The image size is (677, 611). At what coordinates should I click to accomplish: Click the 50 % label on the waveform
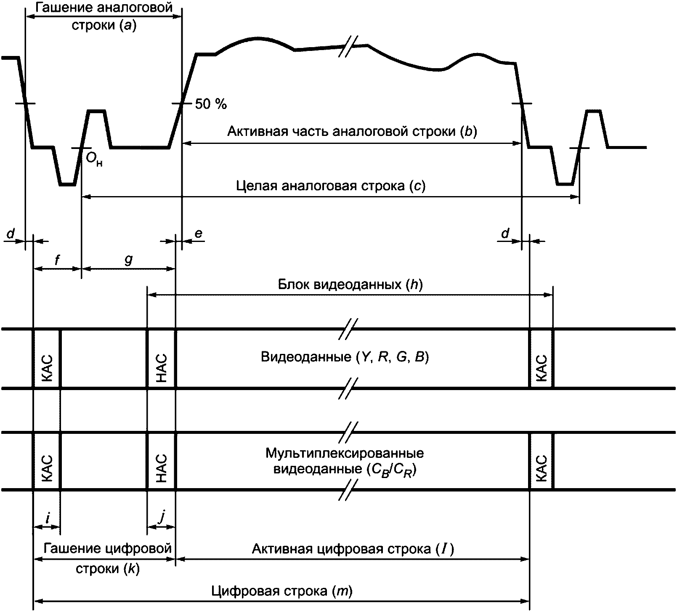211,104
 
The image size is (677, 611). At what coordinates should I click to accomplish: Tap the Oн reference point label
94,159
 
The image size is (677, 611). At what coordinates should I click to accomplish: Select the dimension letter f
57,260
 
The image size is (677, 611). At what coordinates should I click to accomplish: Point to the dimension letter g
128,260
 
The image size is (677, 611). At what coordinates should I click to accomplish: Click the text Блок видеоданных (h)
350,285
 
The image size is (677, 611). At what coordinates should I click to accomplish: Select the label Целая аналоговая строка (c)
331,186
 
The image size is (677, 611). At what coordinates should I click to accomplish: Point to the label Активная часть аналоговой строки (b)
352,132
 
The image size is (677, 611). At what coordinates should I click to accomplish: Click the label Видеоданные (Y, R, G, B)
345,358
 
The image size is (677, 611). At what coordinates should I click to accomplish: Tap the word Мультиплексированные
345,454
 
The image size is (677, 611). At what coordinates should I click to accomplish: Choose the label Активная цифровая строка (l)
353,549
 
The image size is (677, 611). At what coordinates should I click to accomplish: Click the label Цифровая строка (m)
282,591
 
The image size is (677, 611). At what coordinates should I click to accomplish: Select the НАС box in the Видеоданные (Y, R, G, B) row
161,358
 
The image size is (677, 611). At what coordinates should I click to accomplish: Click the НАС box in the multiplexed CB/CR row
161,461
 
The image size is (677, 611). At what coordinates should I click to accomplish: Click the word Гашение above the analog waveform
62,8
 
